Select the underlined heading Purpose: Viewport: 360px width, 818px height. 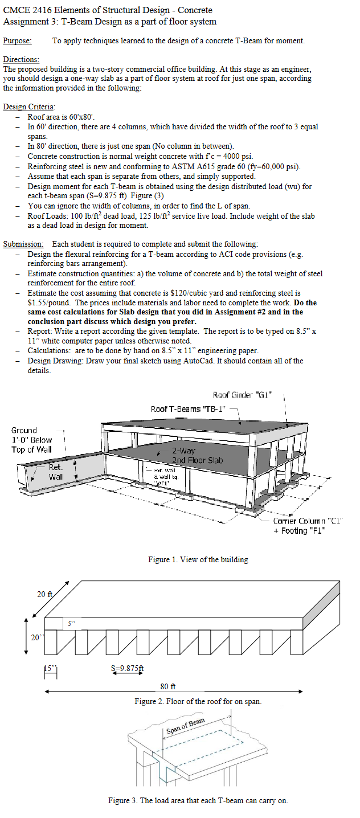tap(17, 40)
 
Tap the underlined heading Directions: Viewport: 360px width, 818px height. tap(21, 59)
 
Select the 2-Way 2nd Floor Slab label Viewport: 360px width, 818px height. tap(197, 455)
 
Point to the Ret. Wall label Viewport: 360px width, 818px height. tap(56, 472)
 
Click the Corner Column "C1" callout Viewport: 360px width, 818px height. tap(306, 521)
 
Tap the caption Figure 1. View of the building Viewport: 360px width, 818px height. tap(198, 559)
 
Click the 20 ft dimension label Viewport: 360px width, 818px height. tap(45, 594)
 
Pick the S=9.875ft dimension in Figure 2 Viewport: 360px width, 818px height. tap(127, 668)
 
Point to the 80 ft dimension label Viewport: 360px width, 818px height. tap(168, 686)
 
